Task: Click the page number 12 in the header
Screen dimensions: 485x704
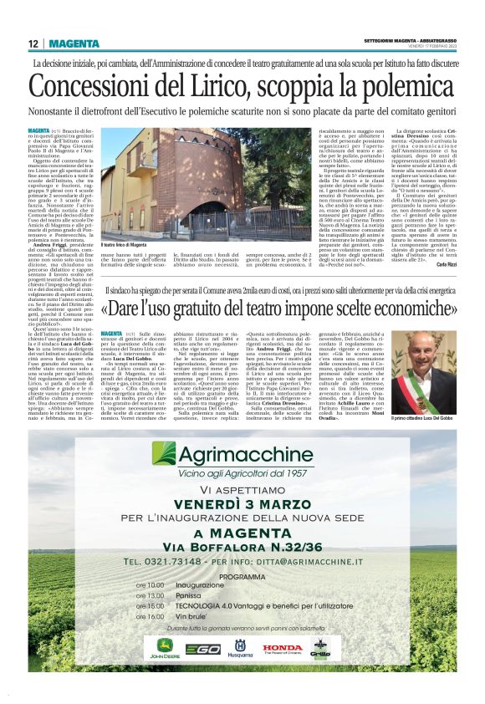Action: (34, 43)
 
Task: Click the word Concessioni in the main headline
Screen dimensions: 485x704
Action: (99, 87)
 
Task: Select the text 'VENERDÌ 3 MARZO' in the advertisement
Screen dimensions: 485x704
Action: (242, 503)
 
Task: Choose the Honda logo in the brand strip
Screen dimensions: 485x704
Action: (282, 647)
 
